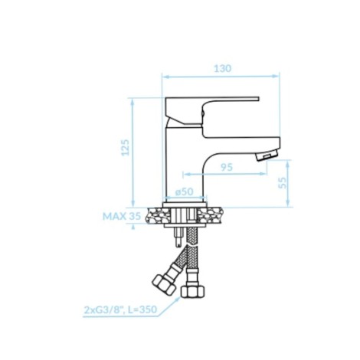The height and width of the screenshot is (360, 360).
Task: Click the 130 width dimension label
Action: [223, 68]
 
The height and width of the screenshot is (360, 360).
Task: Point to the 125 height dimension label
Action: [125, 147]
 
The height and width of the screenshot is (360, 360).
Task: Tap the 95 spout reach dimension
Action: [227, 167]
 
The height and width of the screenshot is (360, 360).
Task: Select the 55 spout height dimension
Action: [283, 183]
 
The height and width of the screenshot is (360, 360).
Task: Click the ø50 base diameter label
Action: [185, 191]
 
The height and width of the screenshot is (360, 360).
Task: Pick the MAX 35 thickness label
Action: [122, 216]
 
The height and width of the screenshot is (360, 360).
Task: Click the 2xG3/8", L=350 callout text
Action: [120, 309]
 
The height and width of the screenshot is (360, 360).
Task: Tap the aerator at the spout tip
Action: [267, 155]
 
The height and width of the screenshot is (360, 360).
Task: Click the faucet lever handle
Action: [211, 110]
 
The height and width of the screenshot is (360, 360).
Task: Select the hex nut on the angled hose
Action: [164, 284]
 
